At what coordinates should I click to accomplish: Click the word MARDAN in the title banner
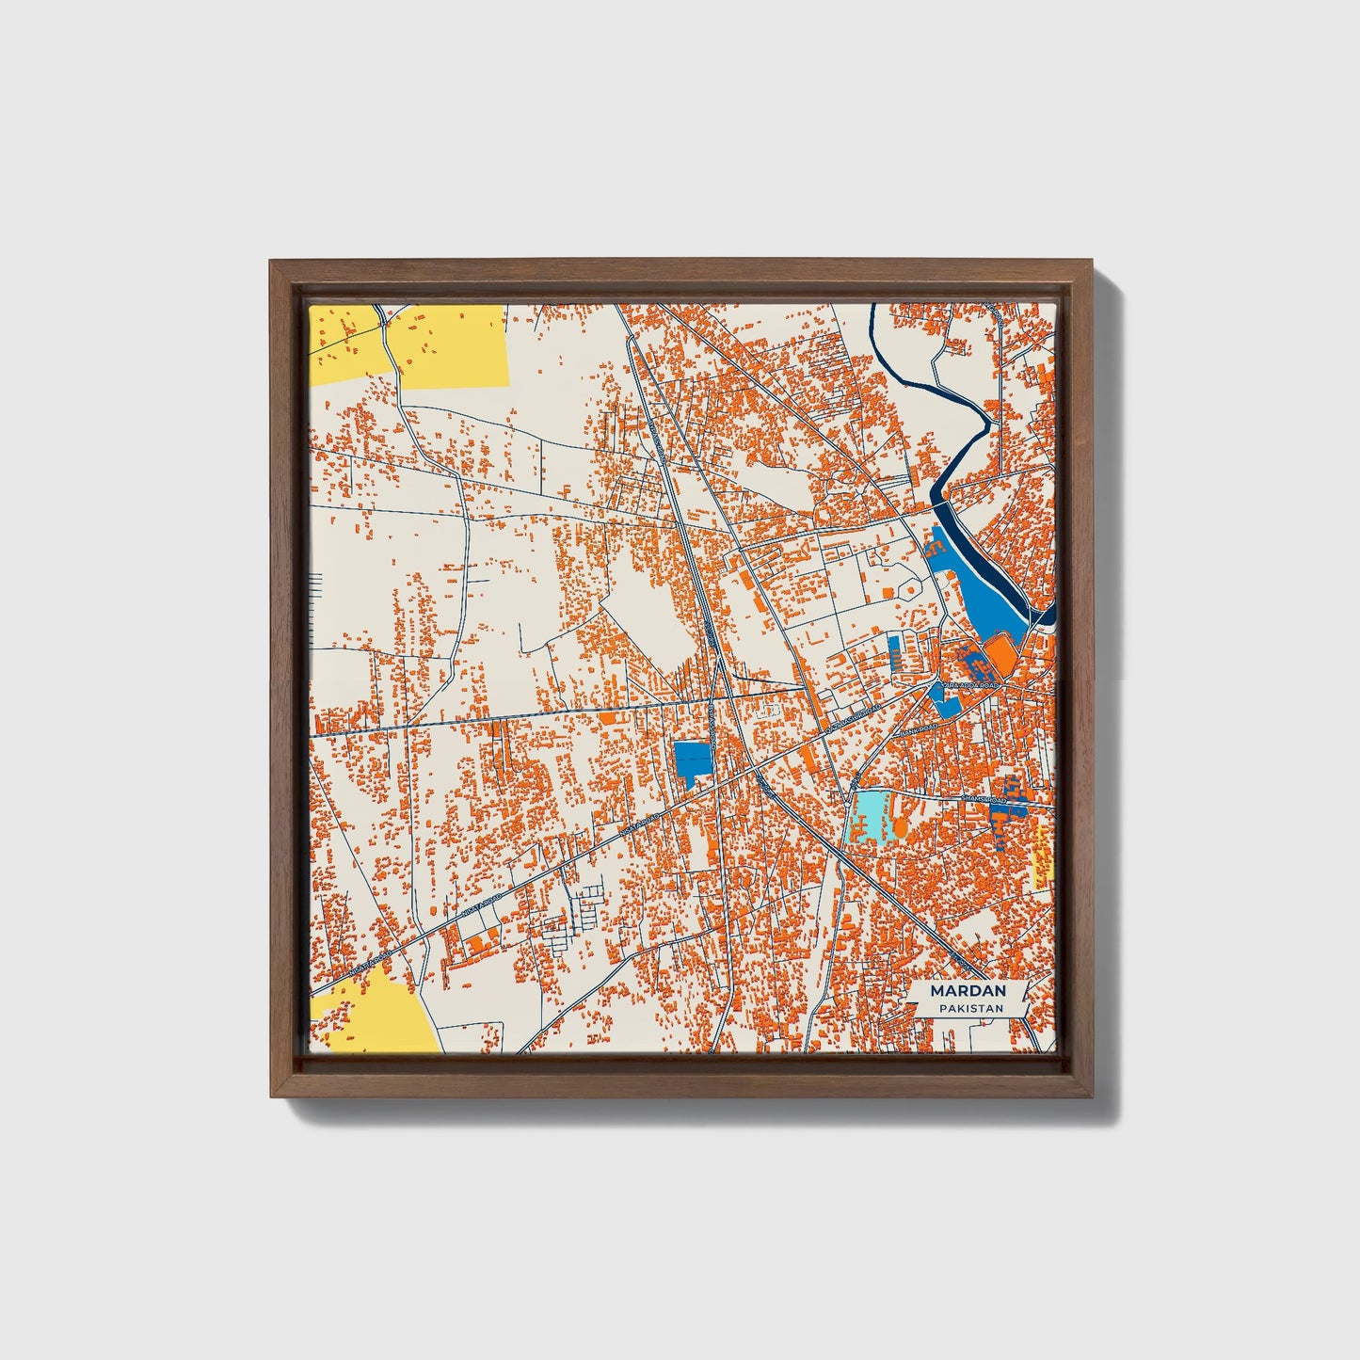[968, 991]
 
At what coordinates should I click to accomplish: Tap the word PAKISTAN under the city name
[968, 1008]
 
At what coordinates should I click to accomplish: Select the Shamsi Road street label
[983, 798]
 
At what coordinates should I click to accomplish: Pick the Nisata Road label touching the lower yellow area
[370, 961]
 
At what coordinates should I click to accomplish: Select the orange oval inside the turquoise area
[900, 827]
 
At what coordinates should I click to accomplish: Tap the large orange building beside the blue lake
[998, 651]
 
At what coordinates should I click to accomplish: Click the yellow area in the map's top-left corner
[452, 346]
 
